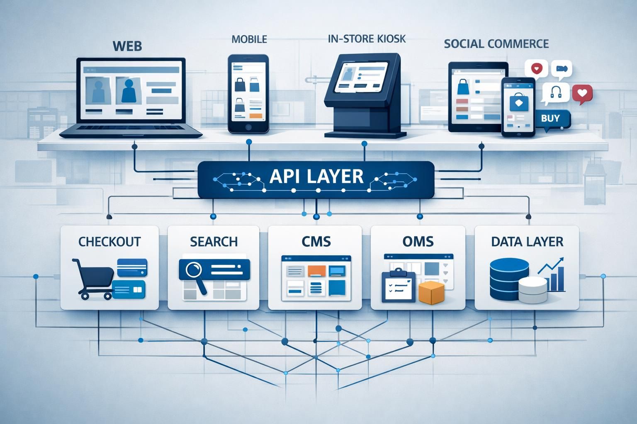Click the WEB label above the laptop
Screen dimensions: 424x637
coord(127,46)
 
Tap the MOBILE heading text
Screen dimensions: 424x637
coord(249,39)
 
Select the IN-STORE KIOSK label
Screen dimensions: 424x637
coord(367,39)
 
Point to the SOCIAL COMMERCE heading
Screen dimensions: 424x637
coord(496,44)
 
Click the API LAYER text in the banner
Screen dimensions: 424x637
coord(316,176)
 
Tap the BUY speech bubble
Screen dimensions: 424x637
coord(551,118)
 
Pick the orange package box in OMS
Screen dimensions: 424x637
coord(431,293)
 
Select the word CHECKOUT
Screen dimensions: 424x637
coord(109,241)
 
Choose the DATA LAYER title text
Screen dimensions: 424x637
coord(527,241)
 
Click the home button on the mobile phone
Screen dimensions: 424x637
coord(248,127)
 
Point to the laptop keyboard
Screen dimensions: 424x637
coord(131,129)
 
